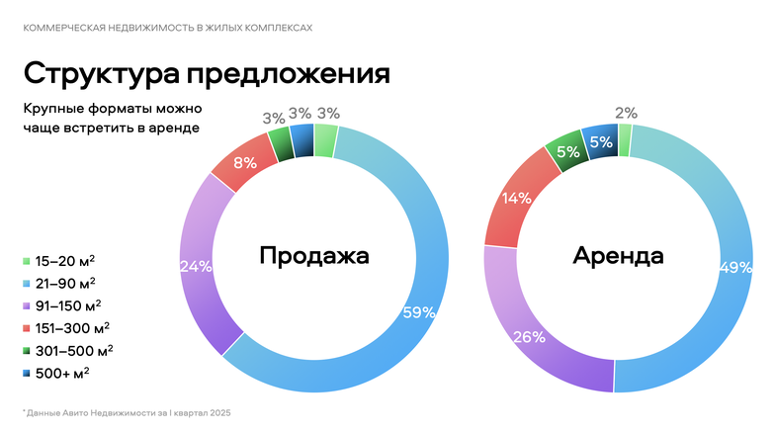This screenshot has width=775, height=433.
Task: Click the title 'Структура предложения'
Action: point(207,73)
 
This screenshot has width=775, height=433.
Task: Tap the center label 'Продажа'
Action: point(314,256)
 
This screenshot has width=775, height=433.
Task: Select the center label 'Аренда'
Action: point(618,256)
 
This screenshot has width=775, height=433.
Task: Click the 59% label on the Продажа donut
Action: point(419,312)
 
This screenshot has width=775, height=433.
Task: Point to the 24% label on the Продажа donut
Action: point(196,266)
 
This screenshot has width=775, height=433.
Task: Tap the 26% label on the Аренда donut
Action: point(529,336)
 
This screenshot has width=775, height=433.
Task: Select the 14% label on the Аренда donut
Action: point(516,198)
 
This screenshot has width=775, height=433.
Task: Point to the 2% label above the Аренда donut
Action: point(626,113)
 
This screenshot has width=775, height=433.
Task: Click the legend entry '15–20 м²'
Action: point(65,261)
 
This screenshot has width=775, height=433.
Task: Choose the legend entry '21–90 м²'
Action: point(65,284)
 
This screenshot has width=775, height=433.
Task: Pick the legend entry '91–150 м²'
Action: point(68,305)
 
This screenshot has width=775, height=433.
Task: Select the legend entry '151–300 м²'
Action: point(71,327)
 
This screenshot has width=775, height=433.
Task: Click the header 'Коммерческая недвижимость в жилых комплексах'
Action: point(167,28)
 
